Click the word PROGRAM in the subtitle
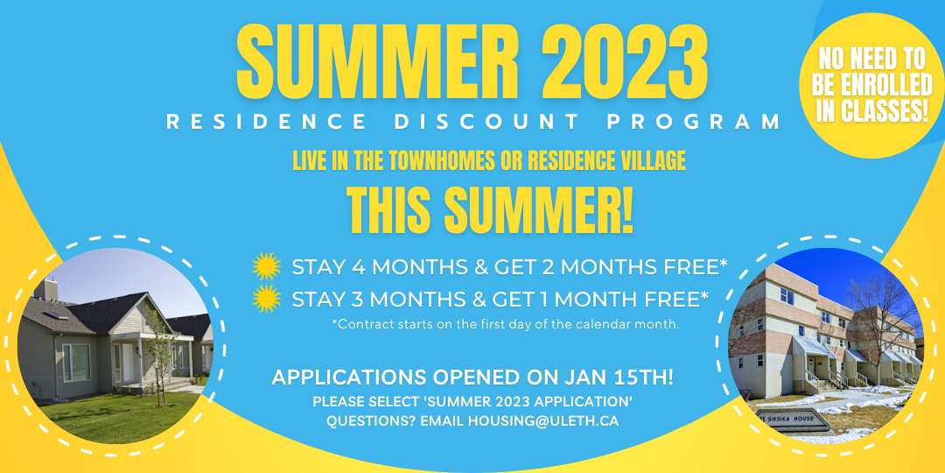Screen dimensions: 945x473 point(694,122)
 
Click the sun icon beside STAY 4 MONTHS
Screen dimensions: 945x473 point(266,266)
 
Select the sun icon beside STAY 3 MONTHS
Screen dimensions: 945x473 point(266,298)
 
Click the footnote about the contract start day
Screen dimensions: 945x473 point(506,325)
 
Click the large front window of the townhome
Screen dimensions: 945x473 point(76,363)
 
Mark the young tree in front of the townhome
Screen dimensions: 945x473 point(159,356)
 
